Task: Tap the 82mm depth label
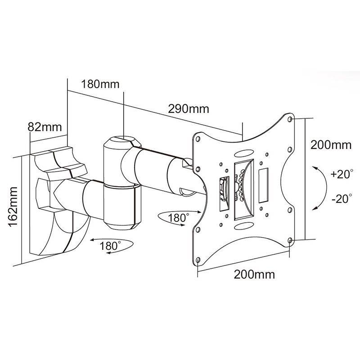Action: click(x=45, y=127)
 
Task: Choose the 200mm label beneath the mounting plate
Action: click(x=254, y=274)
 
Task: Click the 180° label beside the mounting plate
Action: click(x=178, y=217)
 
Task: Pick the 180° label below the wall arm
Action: click(x=111, y=245)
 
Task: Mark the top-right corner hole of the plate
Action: click(x=289, y=120)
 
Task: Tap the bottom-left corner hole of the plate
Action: click(x=198, y=260)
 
